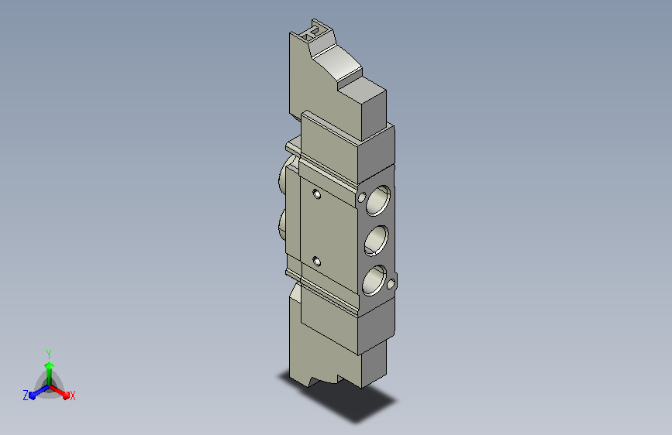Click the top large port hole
point(378,200)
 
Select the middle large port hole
point(376,240)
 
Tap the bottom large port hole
point(374,280)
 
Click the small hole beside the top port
point(362,197)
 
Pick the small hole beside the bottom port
point(391,284)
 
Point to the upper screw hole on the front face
point(317,194)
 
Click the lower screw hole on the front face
point(317,261)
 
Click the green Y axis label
point(49,354)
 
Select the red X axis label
point(72,396)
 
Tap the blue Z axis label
point(26,396)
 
